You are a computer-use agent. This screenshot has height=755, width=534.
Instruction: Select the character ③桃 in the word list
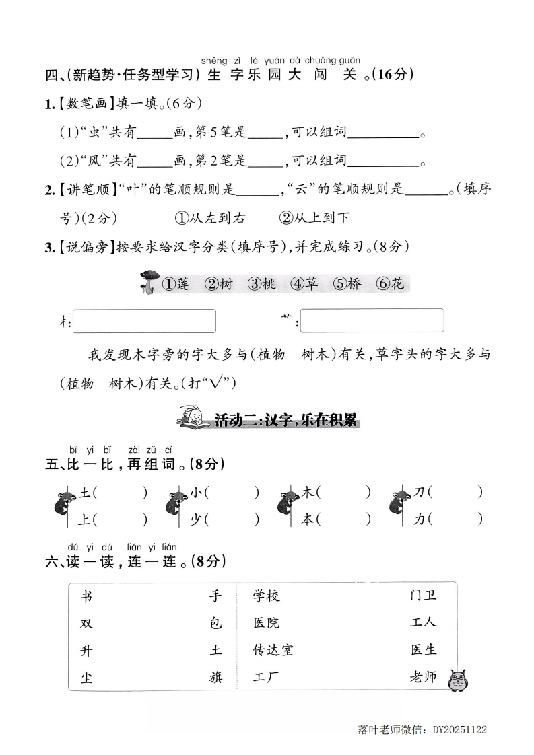pos(262,284)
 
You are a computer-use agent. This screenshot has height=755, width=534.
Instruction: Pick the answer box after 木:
pos(144,321)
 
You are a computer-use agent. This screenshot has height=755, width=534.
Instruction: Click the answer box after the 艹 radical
pos(372,320)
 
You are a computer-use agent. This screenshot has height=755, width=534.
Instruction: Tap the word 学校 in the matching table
pos(267,596)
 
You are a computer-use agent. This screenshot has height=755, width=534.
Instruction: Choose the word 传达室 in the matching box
pos(273,650)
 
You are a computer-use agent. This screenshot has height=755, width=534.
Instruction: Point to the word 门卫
pos(423,596)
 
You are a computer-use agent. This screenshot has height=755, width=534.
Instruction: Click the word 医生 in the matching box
pos(423,650)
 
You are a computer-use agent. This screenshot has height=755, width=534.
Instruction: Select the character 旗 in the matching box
pos(215,677)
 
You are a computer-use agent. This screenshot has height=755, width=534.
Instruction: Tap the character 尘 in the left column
pos(86,677)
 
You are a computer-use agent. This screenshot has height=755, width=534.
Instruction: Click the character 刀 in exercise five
pos(419,493)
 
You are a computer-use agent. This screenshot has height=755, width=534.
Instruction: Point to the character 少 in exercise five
pos(196,519)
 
